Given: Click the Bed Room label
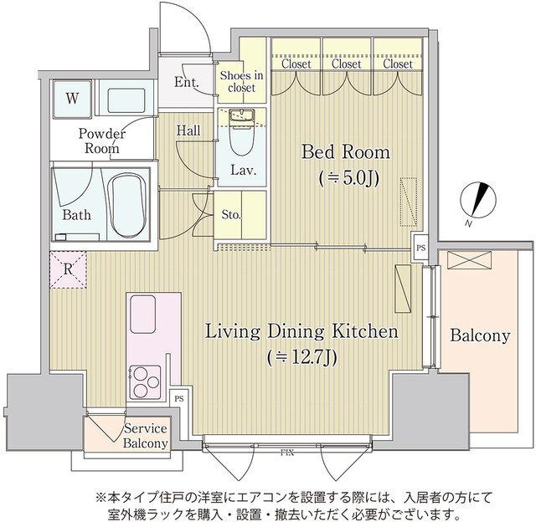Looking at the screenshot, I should (345, 153).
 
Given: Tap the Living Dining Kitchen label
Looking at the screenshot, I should (301, 332).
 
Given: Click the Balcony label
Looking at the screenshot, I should (480, 336).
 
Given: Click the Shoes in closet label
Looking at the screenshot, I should (241, 82).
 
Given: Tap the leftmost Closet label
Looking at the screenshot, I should (296, 64).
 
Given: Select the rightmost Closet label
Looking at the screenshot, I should (397, 64).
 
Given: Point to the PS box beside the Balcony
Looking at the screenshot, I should (420, 248).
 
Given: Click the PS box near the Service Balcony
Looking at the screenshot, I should (178, 400).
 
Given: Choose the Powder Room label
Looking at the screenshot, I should (101, 141).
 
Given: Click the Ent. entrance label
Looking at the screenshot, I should (186, 82).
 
